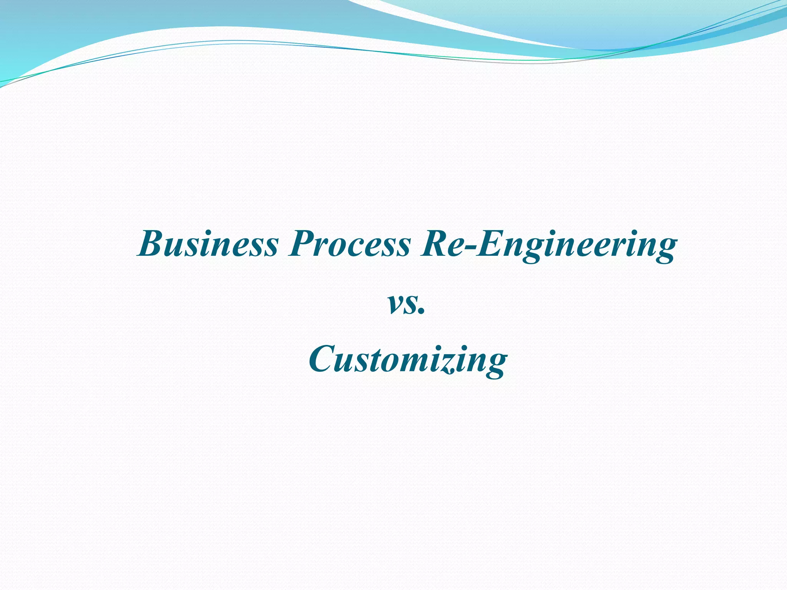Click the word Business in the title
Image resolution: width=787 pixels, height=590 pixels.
point(208,244)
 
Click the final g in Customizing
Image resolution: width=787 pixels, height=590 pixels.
point(494,365)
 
